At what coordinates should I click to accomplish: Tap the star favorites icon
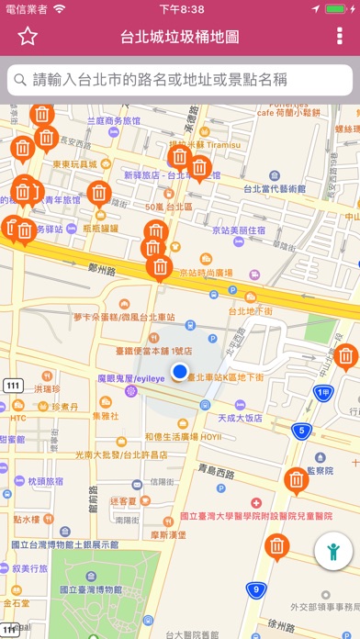pyautogui.click(x=28, y=37)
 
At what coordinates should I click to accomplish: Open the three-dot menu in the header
pyautogui.click(x=340, y=37)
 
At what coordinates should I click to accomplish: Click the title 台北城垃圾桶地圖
pyautogui.click(x=180, y=37)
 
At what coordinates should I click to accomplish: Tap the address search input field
pyautogui.click(x=180, y=79)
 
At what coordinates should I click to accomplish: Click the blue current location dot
pyautogui.click(x=180, y=371)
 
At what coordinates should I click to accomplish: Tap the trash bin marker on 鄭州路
pyautogui.click(x=161, y=267)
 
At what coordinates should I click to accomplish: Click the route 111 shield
pyautogui.click(x=12, y=385)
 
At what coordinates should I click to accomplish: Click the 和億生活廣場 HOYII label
pyautogui.click(x=184, y=436)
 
